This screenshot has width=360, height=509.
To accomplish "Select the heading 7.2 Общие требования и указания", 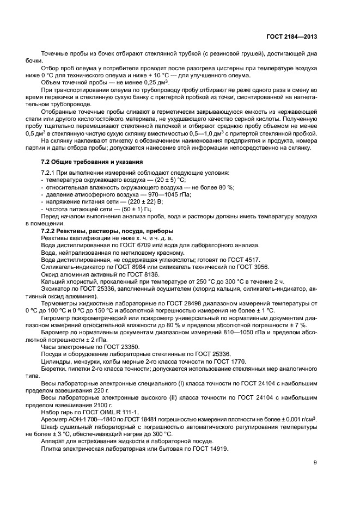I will point(92,162).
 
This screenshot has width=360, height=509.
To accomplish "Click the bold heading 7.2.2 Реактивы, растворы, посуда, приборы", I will point(102,231).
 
